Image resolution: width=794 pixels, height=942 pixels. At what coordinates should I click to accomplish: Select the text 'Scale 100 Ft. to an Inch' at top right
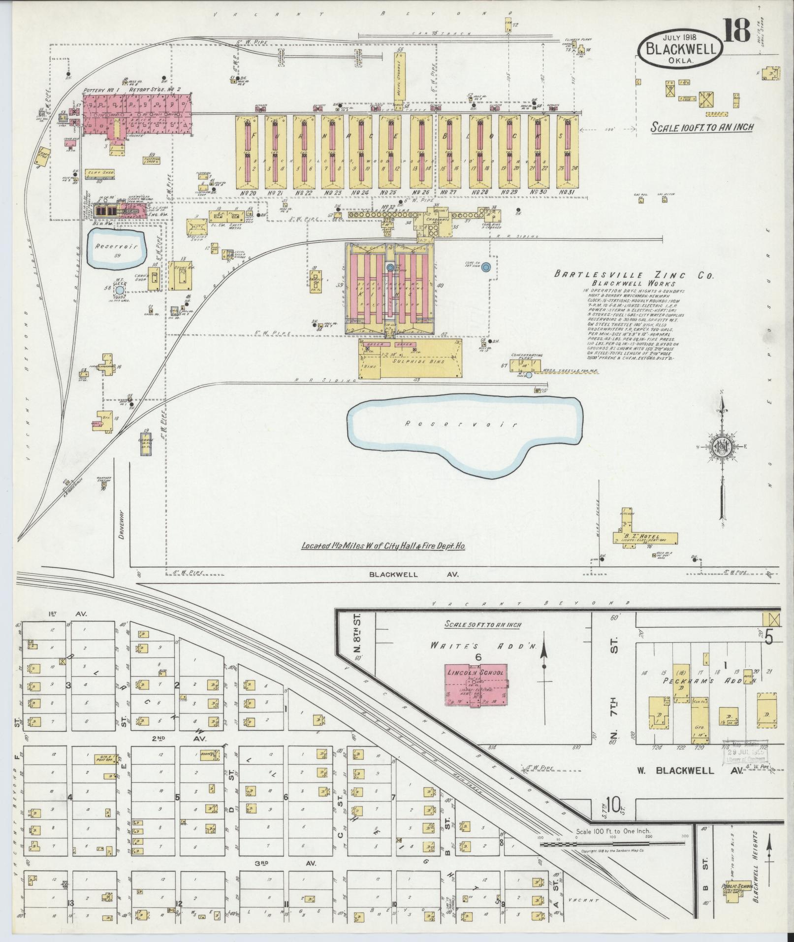[702, 127]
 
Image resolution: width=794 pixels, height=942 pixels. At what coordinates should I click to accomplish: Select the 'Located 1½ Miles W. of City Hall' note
[383, 547]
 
